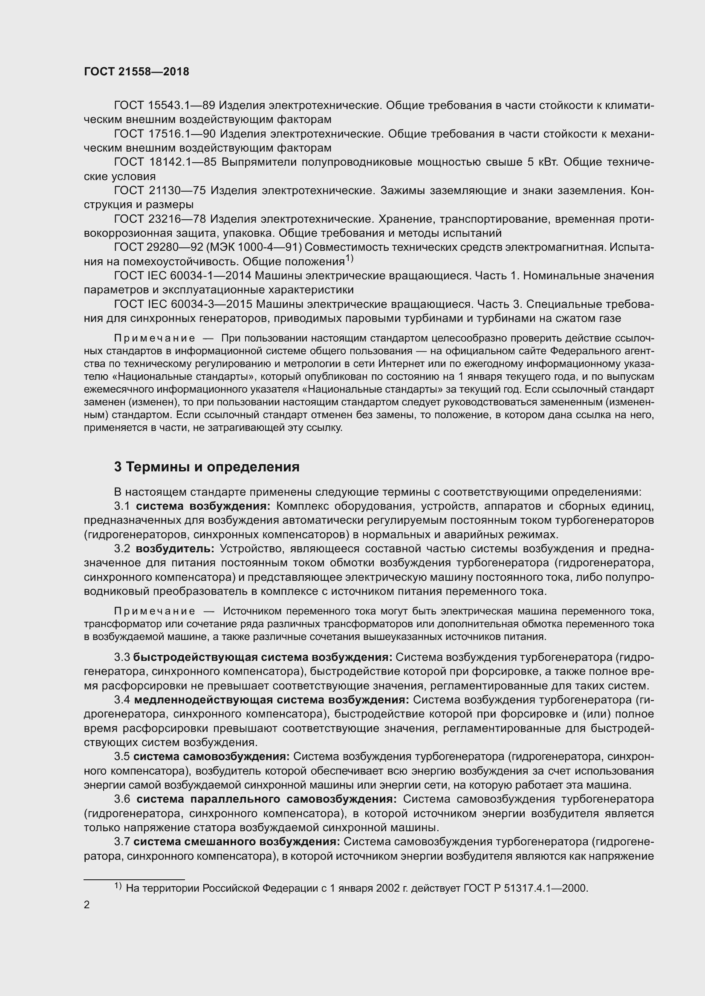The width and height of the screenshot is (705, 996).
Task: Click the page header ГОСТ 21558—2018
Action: tap(136, 72)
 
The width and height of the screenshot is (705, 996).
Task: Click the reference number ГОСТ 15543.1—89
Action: tap(165, 106)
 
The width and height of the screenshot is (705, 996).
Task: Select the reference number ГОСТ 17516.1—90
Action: tap(165, 134)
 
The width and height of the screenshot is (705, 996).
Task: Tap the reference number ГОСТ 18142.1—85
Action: tap(165, 162)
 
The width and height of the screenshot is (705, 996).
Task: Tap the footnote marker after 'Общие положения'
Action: tap(350, 259)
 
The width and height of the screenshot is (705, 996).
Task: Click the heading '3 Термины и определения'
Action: tap(207, 467)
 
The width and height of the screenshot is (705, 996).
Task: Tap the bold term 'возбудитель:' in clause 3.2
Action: tap(175, 549)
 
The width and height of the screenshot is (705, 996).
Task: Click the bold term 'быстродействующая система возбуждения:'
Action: tap(263, 657)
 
